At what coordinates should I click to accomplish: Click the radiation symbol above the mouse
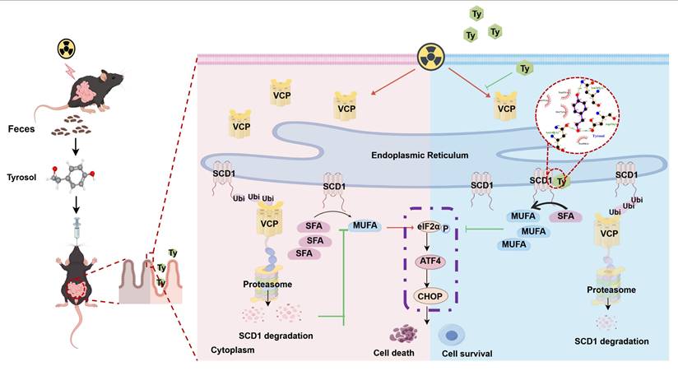point(65,49)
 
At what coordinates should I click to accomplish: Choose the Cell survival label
point(465,354)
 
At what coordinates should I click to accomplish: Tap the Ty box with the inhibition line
point(524,70)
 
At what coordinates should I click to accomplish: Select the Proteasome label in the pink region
point(266,283)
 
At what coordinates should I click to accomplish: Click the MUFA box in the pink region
point(366,224)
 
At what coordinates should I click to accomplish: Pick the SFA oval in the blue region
point(565,216)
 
